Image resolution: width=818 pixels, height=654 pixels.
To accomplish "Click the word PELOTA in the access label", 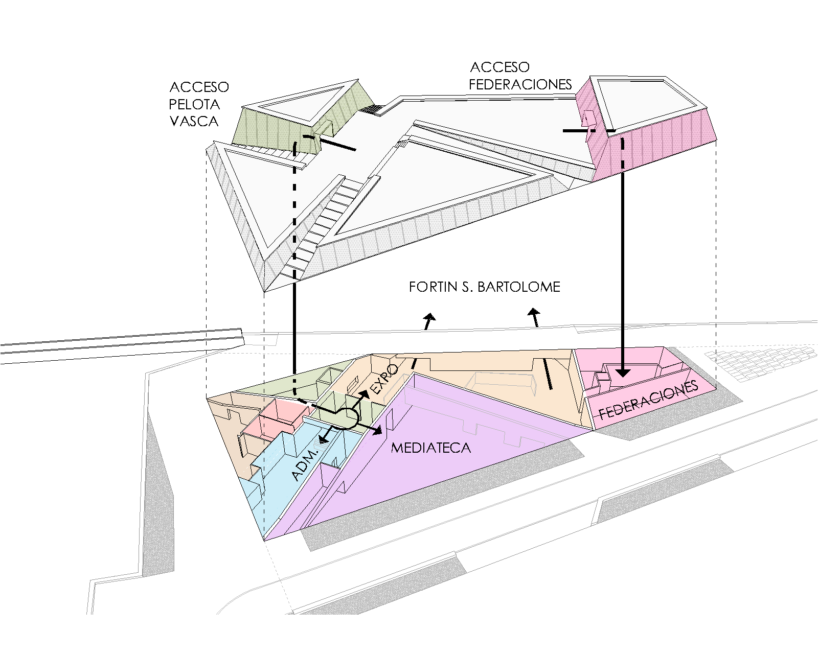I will pos(194,104).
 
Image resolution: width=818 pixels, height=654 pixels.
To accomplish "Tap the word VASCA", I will pos(194,121).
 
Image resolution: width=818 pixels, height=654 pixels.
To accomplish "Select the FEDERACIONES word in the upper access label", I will pos(520,84).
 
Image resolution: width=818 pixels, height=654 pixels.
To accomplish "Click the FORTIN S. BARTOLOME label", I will pos(484,287).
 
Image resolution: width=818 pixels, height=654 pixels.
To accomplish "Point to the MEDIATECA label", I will pos(430,448).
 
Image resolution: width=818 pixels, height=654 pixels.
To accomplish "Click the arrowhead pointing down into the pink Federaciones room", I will pos(622,371).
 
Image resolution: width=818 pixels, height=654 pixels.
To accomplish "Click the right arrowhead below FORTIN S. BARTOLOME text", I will pos(534,312).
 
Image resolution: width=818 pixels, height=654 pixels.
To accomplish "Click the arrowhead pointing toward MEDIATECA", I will pos(377,431).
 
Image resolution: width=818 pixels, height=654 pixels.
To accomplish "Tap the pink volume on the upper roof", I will pos(660,143).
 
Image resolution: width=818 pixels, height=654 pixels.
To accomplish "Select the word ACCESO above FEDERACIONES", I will pos(499,67).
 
